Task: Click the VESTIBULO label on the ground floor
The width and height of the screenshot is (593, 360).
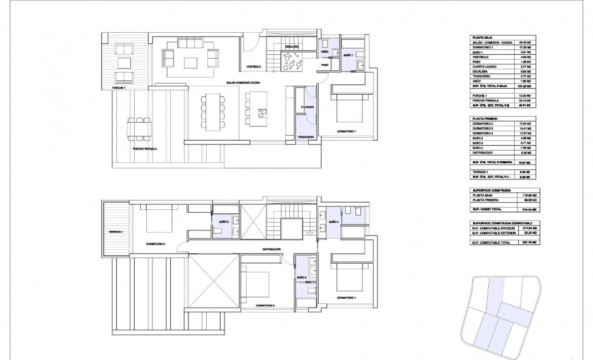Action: tap(254, 68)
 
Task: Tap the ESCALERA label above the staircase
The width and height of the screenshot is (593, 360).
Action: tap(293, 47)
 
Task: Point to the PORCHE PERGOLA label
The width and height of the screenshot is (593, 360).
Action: tap(145, 149)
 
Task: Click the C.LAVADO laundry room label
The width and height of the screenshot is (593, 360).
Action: tap(308, 106)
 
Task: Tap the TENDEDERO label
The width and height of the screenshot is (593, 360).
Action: tap(306, 137)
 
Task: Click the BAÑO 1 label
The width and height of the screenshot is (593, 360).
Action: tap(348, 56)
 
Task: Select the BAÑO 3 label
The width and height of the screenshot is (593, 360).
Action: tap(301, 277)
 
